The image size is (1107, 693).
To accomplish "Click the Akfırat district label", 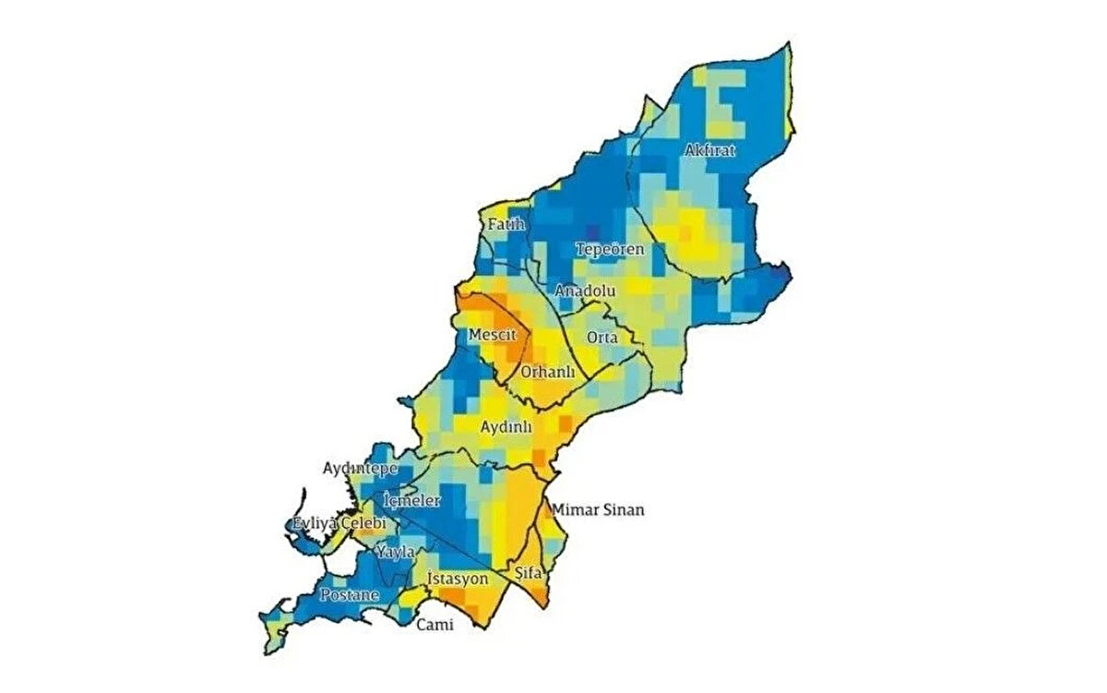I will click(x=710, y=150).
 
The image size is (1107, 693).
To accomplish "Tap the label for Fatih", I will click(x=506, y=223).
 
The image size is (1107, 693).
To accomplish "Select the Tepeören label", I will click(x=610, y=249).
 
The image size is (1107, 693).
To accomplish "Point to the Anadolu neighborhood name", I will click(x=585, y=291).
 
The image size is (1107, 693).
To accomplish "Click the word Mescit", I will click(x=492, y=333).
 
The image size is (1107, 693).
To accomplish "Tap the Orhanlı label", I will click(x=548, y=372).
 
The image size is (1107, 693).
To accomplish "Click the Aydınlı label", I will click(x=507, y=427).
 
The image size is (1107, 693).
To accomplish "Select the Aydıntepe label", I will click(x=360, y=469).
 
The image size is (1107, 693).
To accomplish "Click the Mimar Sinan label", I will click(x=597, y=509).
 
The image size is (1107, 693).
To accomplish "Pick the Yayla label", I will click(x=395, y=552).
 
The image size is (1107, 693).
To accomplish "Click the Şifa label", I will click(x=531, y=573).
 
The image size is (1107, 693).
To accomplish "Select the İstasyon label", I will click(x=458, y=579).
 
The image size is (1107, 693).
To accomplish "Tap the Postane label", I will click(x=349, y=595).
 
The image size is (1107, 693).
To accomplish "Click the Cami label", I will click(x=435, y=625).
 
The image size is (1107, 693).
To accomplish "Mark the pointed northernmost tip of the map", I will click(x=790, y=43).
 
